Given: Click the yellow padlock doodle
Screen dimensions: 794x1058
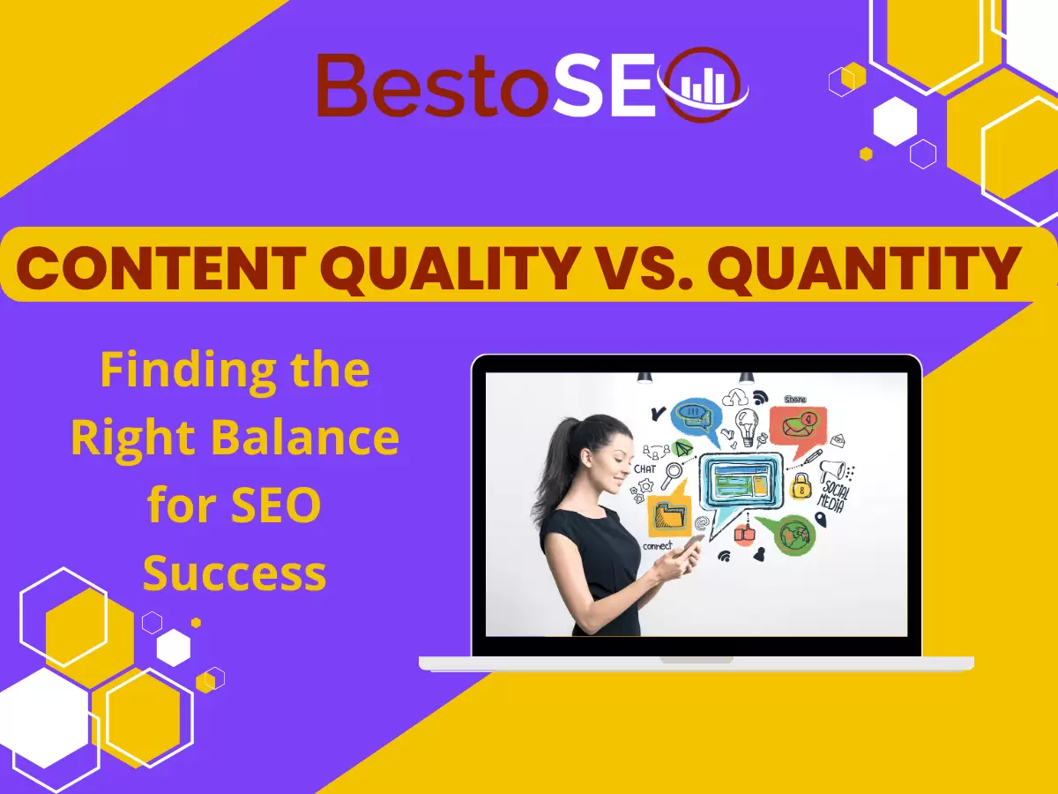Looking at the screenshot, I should click(x=801, y=483).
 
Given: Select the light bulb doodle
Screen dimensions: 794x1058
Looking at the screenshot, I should click(x=748, y=423).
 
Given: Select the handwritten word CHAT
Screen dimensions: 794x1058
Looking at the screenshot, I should click(x=644, y=469).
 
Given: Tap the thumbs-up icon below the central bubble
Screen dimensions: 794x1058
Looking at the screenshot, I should click(x=744, y=533).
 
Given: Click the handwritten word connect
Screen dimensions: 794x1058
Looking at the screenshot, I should click(x=658, y=546).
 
